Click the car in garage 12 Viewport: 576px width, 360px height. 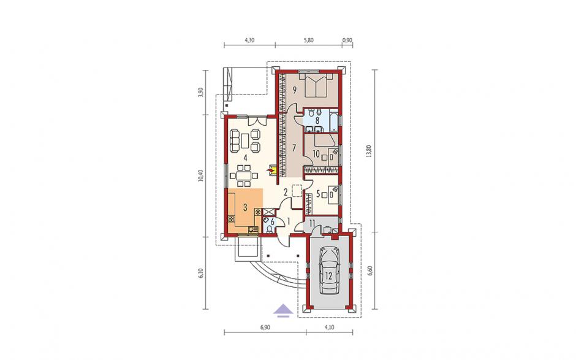pos(329,270)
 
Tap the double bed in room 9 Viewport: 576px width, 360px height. pos(316,85)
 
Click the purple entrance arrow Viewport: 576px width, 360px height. pos(283,311)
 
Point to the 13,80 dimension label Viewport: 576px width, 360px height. pos(369,151)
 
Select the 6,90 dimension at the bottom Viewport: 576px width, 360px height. pos(265,327)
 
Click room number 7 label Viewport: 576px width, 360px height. pos(294,148)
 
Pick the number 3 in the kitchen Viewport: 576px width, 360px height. pos(245,207)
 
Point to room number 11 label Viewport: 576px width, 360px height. pos(312,223)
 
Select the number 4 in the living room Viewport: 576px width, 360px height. pos(244,158)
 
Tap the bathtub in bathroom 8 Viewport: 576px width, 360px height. pos(333,121)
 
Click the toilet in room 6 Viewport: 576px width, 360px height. pos(270,229)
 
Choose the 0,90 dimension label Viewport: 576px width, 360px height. pos(347,40)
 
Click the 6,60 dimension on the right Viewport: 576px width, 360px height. pos(369,270)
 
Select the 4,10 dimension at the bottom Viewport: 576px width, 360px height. pos(329,327)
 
